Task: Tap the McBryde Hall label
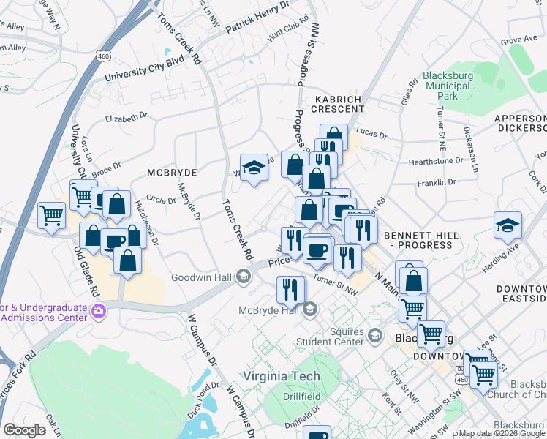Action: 269,310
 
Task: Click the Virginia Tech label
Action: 281,376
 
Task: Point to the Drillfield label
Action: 303,397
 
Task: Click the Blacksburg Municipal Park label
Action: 448,86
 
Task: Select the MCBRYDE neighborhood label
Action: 172,172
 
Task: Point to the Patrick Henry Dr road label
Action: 257,18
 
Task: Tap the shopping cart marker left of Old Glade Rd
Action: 51,216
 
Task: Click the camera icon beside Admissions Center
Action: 98,312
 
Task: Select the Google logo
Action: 24,430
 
